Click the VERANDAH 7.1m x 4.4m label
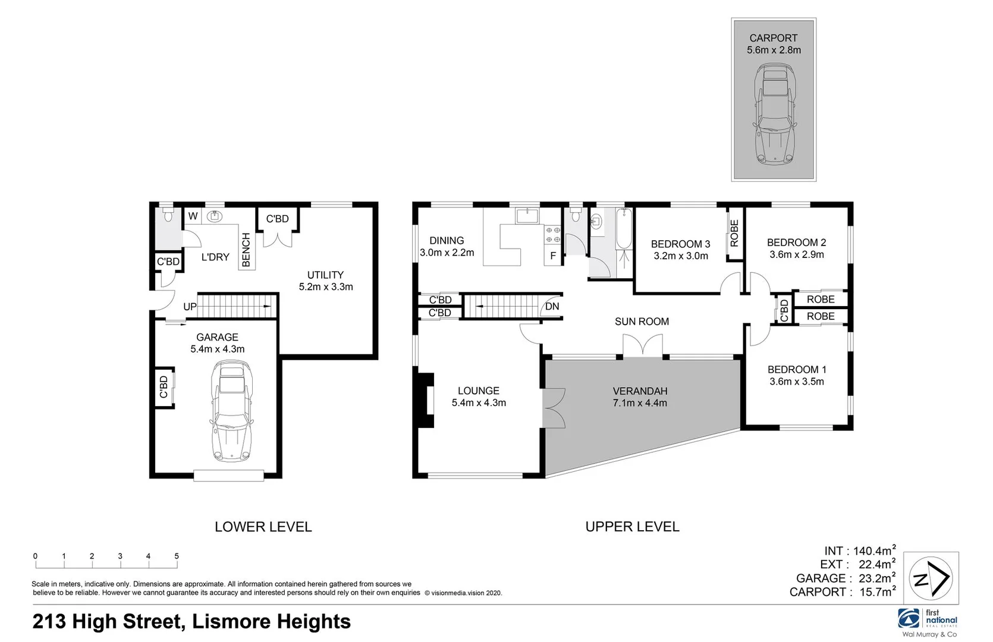point(640,397)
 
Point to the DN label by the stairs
point(552,307)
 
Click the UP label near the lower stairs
point(190,307)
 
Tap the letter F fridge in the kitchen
point(553,256)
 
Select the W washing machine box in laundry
point(193,216)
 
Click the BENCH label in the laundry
point(246,250)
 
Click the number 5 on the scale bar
point(177,556)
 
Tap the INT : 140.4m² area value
point(859,550)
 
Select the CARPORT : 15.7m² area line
point(842,592)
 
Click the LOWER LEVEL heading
point(263,527)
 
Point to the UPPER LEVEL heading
point(632,527)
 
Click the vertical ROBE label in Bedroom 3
point(734,233)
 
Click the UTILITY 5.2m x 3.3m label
point(325,281)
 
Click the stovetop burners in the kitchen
point(553,235)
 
